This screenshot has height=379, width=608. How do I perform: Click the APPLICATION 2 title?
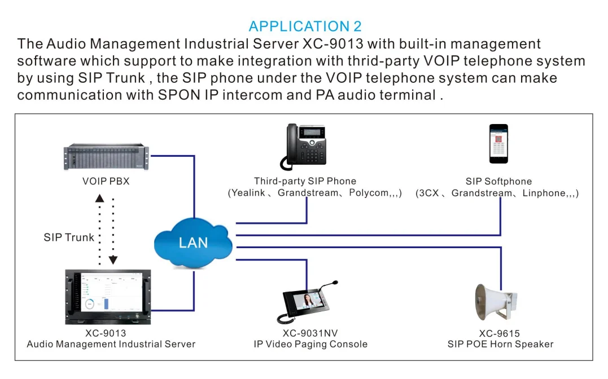(x=305, y=26)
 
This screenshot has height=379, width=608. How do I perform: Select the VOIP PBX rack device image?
(x=107, y=158)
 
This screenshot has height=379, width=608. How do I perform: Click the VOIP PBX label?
(x=106, y=182)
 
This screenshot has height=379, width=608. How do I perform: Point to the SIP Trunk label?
(x=69, y=237)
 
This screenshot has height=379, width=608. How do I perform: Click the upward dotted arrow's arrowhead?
(x=100, y=197)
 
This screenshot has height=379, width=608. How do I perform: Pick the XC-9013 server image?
(x=108, y=297)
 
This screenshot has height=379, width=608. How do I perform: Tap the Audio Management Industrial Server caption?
(x=111, y=344)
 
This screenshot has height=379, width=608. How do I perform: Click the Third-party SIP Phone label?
(x=305, y=181)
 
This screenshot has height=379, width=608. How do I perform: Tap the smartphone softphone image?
(x=498, y=144)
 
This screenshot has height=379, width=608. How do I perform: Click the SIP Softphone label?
(x=498, y=181)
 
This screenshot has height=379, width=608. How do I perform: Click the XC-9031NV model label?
(x=310, y=333)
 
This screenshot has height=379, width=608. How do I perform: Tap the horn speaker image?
(x=495, y=302)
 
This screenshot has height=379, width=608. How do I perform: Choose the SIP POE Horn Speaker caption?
(x=500, y=344)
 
